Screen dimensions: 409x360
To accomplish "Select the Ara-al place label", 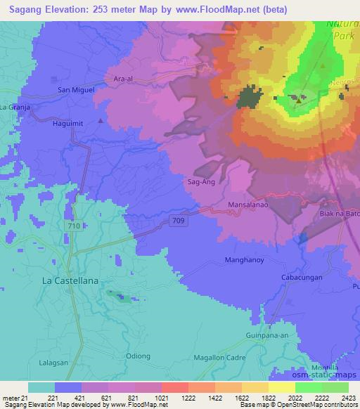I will pos(122,79).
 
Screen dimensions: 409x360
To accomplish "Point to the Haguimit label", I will pos(67,124).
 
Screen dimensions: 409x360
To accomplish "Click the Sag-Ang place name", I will pos(200,181).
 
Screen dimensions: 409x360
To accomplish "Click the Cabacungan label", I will pos(302,277).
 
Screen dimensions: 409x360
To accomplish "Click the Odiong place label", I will pos(138,356).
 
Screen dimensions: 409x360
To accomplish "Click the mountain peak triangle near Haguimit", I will pos(101,120).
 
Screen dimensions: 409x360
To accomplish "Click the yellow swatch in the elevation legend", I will pos(281,387).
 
